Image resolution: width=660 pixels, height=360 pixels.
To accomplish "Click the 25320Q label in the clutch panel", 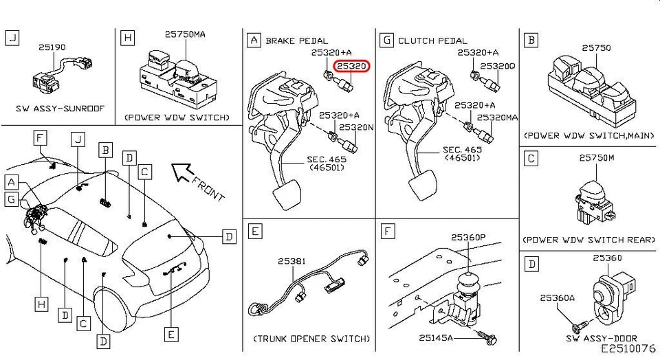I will pos(497,66).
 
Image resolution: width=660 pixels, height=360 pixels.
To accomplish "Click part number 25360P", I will pos(468,237).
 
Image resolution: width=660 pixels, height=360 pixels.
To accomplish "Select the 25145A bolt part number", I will pos(437,337).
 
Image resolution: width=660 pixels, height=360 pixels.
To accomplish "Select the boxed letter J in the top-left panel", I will pos(12,38).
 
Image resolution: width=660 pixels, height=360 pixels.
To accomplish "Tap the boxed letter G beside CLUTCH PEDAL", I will pos(387,41).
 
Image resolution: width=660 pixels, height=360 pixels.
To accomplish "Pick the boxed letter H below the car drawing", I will pos(43,303).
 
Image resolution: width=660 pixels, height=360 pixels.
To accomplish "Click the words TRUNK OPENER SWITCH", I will pos(311,339).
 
